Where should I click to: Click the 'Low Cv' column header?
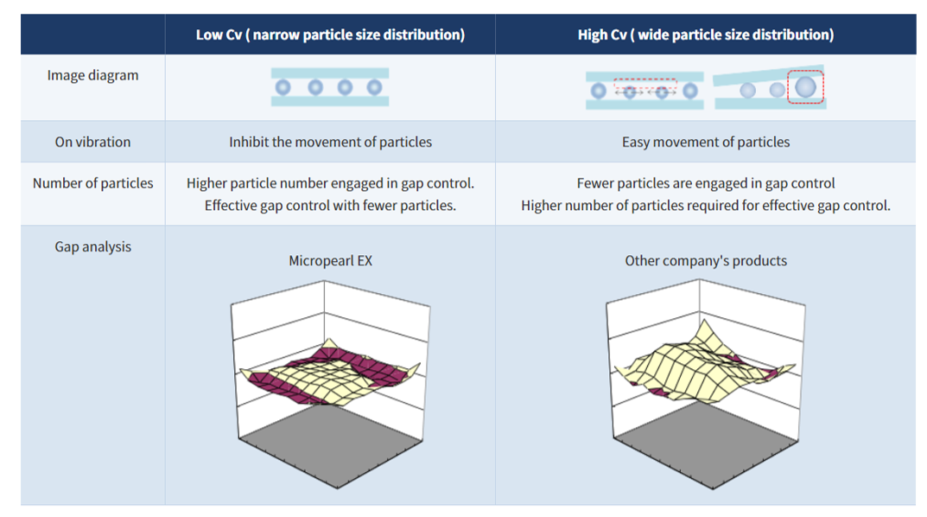pos(330,35)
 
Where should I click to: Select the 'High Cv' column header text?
pos(705,35)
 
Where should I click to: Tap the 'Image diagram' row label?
pos(92,75)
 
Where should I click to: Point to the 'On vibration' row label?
pos(92,142)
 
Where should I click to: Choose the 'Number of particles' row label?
pos(92,183)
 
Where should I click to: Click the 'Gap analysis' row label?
pos(92,246)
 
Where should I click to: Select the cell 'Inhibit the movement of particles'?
pos(330,142)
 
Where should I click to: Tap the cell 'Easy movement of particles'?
pos(705,142)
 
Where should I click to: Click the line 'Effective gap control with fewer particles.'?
pos(330,206)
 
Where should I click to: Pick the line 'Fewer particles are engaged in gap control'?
pos(705,183)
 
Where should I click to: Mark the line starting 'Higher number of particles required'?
pos(705,206)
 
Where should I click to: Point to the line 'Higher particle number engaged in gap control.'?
pos(330,183)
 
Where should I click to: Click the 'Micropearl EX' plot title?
pos(330,260)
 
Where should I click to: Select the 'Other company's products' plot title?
pos(705,260)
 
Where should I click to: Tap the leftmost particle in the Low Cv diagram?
pos(283,87)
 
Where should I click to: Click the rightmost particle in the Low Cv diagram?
pos(374,87)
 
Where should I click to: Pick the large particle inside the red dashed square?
pos(805,86)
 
